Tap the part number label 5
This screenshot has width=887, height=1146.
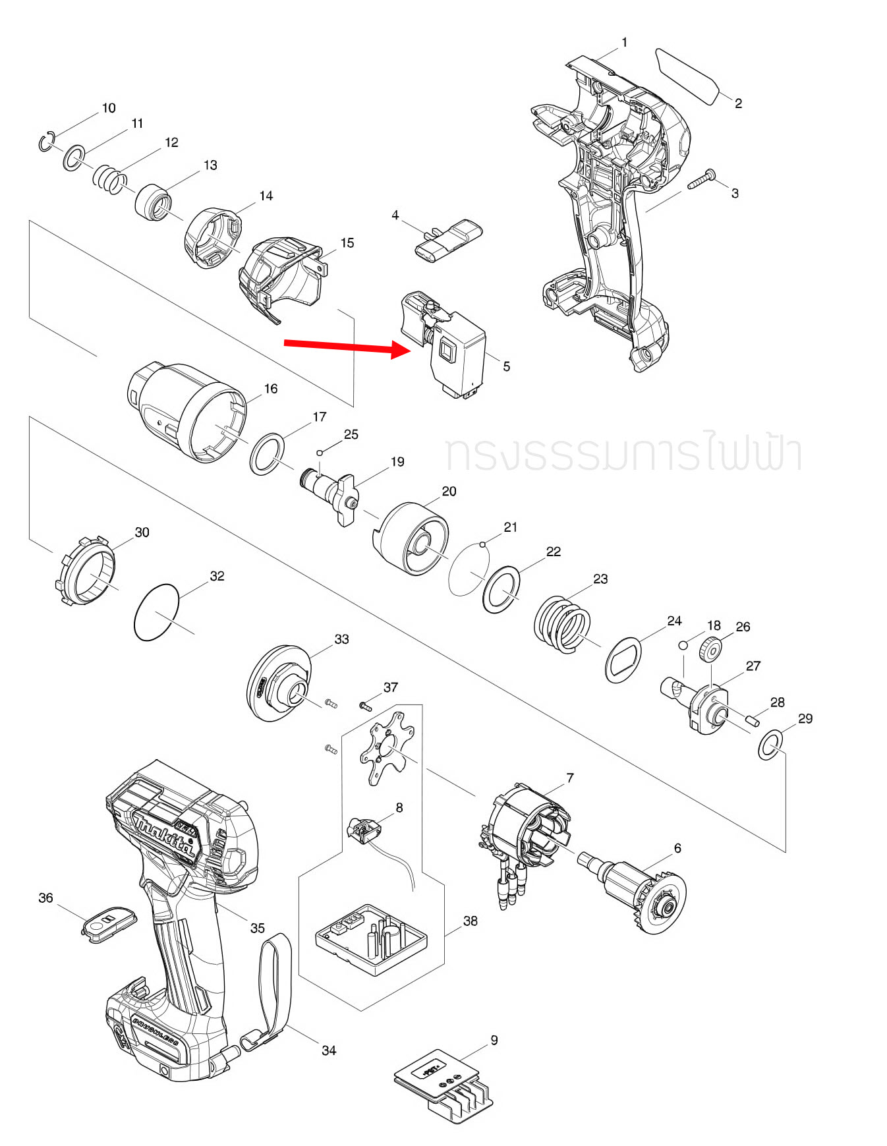point(506,366)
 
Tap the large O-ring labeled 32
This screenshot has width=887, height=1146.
point(156,612)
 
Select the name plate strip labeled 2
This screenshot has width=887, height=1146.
point(687,76)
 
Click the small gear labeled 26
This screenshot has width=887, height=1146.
point(710,650)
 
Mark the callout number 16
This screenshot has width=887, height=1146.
point(271,389)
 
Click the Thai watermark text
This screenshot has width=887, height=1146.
point(623,453)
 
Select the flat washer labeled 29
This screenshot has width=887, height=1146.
point(769,745)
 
